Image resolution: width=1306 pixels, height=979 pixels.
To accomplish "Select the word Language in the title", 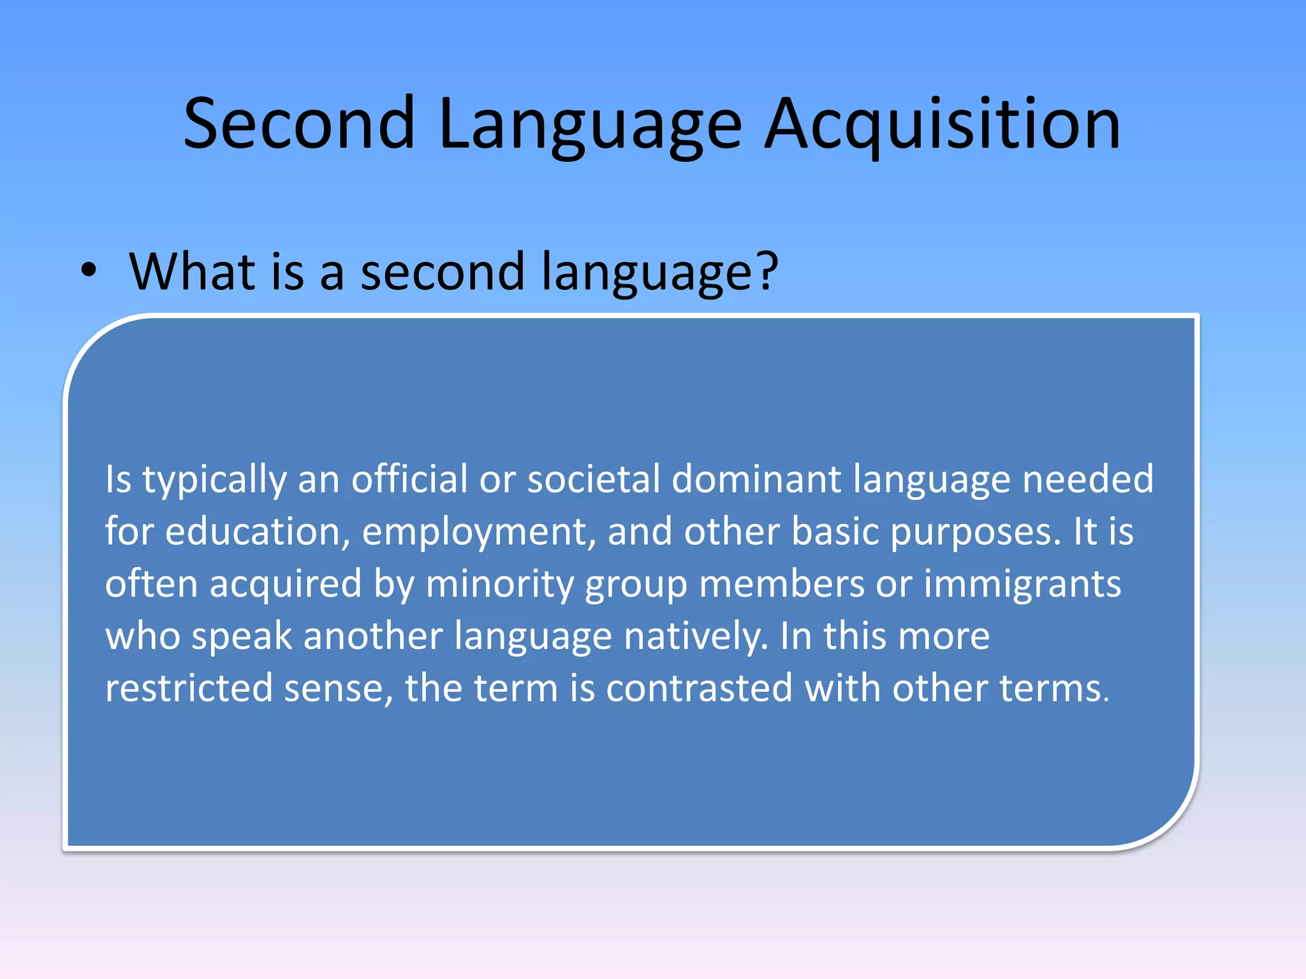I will click(590, 124).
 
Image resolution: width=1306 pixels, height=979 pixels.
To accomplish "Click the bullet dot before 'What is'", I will click(89, 270).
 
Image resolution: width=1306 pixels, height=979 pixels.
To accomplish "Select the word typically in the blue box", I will click(214, 479).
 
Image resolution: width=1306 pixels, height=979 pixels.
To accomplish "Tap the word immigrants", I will click(1022, 584).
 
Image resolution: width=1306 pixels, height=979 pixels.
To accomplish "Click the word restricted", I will click(188, 688).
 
